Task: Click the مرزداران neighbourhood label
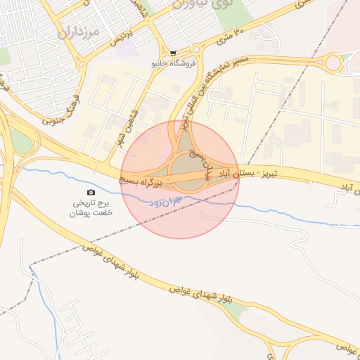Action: click(x=77, y=32)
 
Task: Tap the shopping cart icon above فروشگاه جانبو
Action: click(x=174, y=53)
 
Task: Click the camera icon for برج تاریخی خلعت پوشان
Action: click(x=91, y=193)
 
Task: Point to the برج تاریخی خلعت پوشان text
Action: click(x=91, y=207)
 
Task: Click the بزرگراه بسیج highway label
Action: click(x=145, y=181)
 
